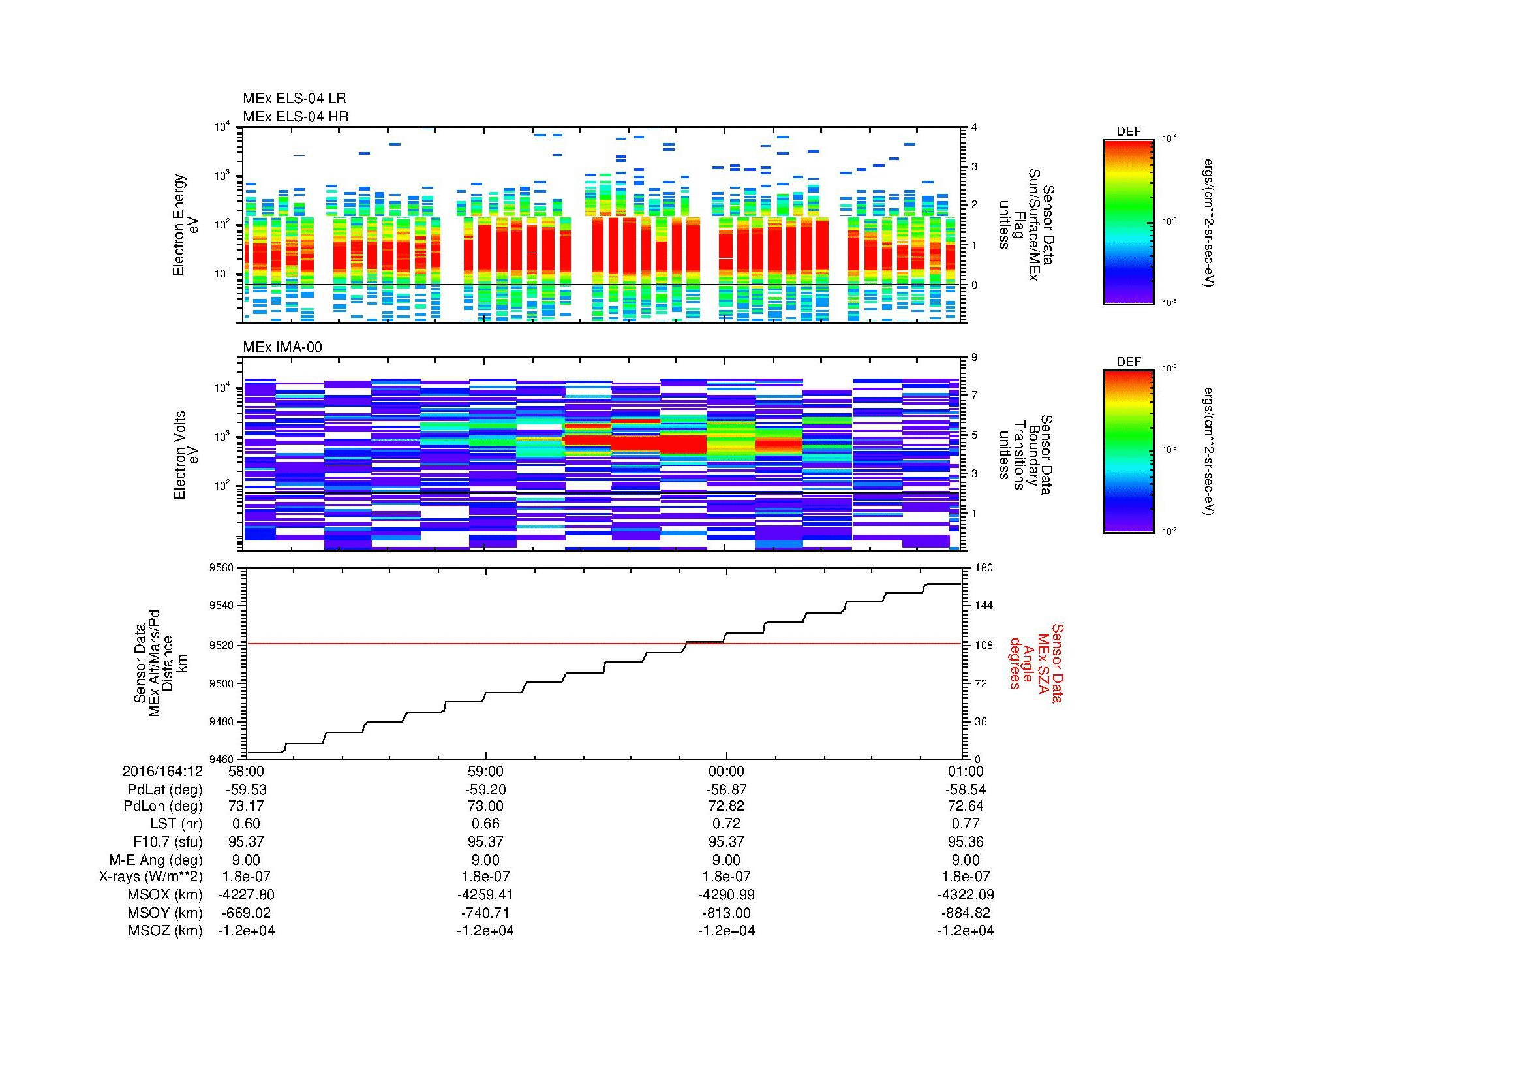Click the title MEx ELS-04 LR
point(294,99)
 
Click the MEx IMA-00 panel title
point(282,347)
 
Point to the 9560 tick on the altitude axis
point(221,568)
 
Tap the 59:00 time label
point(486,771)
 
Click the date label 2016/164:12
point(162,771)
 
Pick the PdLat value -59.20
point(486,789)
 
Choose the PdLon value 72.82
point(725,805)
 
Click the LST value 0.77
point(966,824)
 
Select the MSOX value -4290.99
point(725,895)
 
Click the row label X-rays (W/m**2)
point(150,877)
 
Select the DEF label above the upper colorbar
point(1129,132)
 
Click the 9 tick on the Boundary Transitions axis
point(974,358)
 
